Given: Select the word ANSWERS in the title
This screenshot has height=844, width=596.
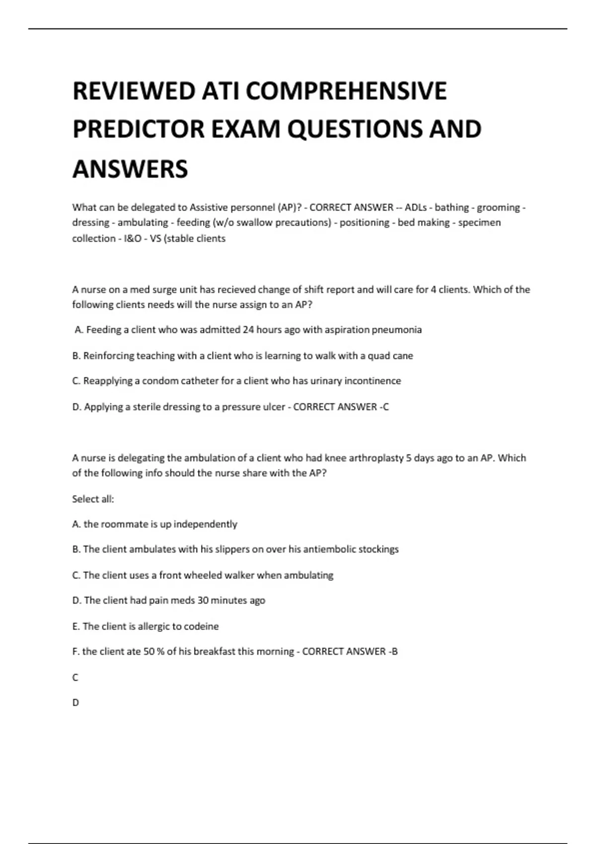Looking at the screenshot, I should pyautogui.click(x=130, y=169).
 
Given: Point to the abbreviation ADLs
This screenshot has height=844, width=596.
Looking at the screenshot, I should pyautogui.click(x=415, y=208).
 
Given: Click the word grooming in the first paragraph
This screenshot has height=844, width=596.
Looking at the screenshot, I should pyautogui.click(x=498, y=208).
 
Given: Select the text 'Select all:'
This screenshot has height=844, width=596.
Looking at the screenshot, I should pyautogui.click(x=93, y=499).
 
